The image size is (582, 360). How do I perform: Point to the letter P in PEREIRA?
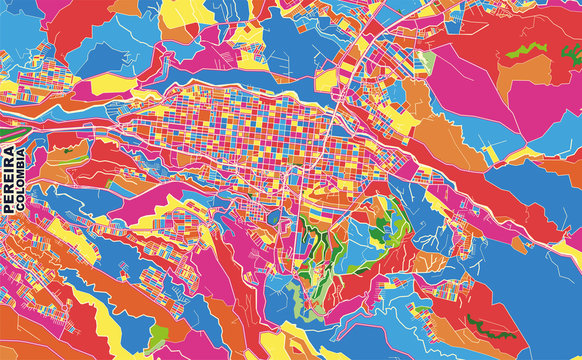click(10, 209)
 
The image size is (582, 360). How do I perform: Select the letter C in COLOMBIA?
click(23, 211)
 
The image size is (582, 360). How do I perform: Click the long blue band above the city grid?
click(200, 75)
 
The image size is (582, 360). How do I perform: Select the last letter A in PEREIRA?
click(10, 150)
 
